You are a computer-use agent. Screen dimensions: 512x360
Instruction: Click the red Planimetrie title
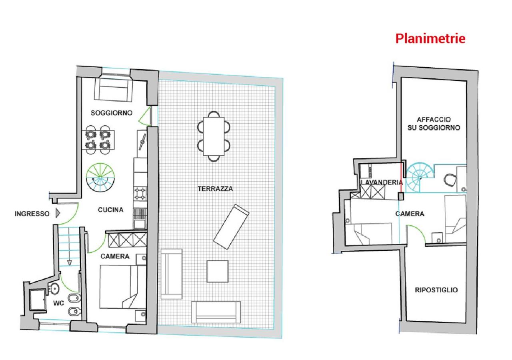point(430,39)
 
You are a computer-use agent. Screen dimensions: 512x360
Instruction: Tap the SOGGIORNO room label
point(112,113)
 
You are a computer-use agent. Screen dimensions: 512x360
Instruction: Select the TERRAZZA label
point(215,189)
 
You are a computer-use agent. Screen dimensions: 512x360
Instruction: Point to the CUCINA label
point(111,210)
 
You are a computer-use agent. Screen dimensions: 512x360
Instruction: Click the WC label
point(59,303)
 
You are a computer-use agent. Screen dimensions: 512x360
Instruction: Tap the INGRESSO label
point(32,214)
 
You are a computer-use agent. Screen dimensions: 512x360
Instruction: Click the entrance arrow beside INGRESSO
point(58,213)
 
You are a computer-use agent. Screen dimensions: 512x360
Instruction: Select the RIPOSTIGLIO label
point(436,290)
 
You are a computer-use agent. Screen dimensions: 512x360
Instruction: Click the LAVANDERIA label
point(381,182)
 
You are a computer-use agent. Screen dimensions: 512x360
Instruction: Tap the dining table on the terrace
point(214,136)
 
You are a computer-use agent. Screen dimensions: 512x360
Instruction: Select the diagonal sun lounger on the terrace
point(231,227)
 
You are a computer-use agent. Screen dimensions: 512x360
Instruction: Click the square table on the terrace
point(217,271)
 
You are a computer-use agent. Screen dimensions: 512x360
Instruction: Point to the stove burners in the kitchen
point(140,194)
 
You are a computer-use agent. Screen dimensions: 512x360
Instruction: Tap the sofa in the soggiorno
point(113,89)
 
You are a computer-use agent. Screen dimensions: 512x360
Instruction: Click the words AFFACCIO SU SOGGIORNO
point(434,124)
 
